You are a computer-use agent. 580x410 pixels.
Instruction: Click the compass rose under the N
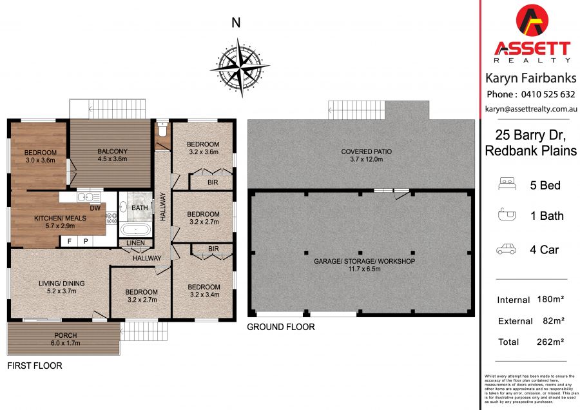(x=240, y=67)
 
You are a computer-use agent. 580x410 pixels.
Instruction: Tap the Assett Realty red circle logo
(x=532, y=21)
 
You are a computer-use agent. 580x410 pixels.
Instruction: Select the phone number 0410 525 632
(x=548, y=94)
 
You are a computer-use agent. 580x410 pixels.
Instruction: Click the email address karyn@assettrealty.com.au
(x=531, y=109)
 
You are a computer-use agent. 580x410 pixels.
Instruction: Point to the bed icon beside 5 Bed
(x=507, y=184)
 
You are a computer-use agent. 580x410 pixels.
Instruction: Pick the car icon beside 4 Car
(x=506, y=249)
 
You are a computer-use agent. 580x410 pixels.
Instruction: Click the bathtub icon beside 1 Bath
(x=507, y=215)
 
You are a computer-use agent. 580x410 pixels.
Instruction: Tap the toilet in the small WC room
(x=162, y=128)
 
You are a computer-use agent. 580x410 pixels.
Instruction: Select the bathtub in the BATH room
(x=135, y=229)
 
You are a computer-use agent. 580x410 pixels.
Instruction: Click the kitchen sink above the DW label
(x=89, y=197)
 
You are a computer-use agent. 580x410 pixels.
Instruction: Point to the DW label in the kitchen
(x=95, y=208)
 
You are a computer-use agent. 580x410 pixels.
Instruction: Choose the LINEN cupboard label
(x=135, y=243)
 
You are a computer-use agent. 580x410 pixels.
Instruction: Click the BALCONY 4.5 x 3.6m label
(x=112, y=155)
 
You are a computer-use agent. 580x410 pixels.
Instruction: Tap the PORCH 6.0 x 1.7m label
(x=66, y=339)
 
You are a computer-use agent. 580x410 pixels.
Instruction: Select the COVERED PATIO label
(x=366, y=155)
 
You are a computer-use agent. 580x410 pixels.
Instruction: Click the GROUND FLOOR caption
(x=281, y=327)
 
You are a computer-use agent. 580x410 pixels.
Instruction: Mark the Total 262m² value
(x=550, y=342)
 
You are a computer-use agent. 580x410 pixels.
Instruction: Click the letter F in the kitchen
(x=69, y=241)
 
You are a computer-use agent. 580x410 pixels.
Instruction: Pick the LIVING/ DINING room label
(x=62, y=287)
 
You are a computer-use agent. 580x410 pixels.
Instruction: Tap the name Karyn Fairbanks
(x=531, y=78)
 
